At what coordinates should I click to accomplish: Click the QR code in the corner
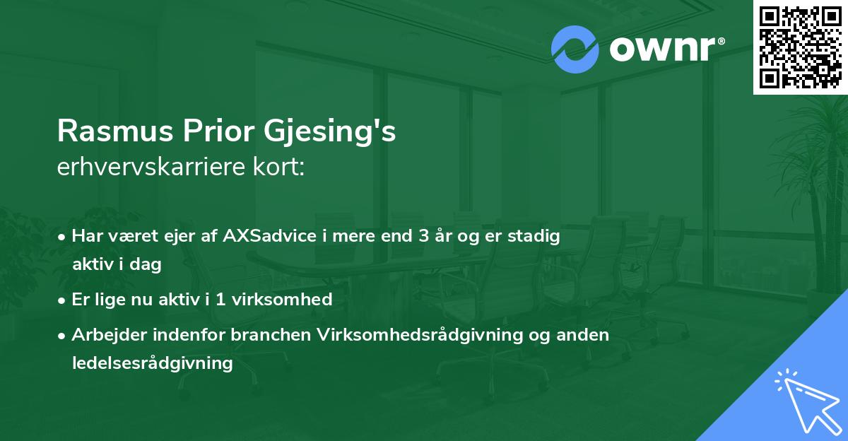coord(800,47)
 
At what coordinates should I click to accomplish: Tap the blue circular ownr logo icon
coord(576,49)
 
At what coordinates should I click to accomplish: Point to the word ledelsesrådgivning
coord(152,363)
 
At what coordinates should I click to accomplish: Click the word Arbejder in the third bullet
coord(107,335)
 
